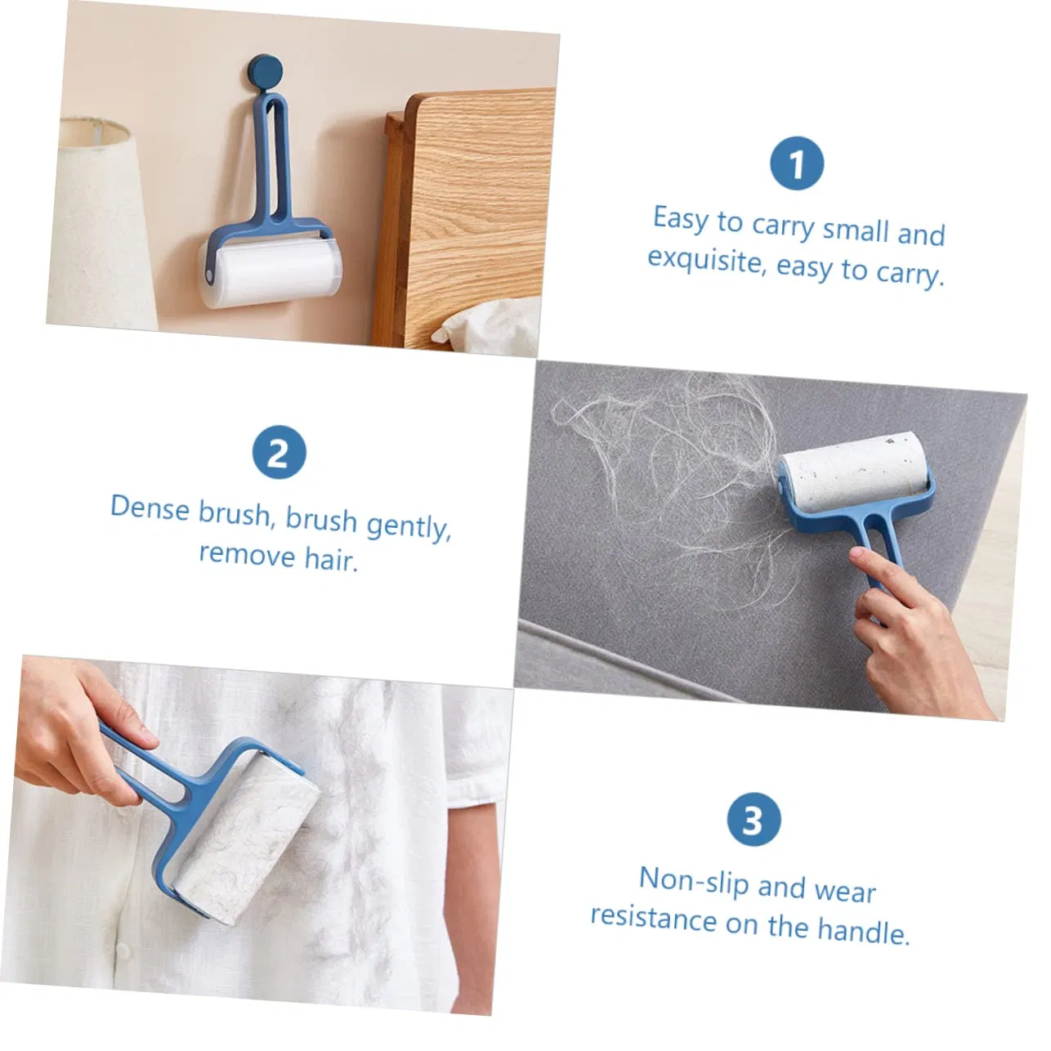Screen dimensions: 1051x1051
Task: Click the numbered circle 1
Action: pos(796,164)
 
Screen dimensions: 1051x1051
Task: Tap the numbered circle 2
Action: pos(279,453)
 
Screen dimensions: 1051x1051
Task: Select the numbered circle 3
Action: pos(754,820)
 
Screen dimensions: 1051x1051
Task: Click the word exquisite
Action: pos(704,259)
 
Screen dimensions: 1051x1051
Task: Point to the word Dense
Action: pos(150,508)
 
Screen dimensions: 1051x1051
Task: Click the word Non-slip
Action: pos(692,879)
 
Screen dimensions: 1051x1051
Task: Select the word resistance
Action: pos(653,918)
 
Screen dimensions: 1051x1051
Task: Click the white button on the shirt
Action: pos(123,950)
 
